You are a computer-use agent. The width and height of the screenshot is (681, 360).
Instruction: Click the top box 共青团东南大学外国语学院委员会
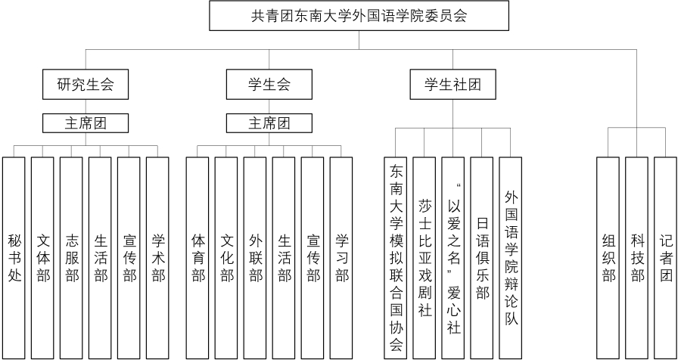tap(359, 16)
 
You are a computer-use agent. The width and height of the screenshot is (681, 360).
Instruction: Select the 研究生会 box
tap(86, 84)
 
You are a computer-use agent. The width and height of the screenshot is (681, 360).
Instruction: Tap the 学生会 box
tap(269, 84)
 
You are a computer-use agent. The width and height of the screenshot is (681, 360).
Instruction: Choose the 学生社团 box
tap(453, 84)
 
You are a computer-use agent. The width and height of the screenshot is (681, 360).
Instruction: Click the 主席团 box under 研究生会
tap(86, 123)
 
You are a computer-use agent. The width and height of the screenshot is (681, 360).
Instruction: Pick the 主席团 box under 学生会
tap(269, 123)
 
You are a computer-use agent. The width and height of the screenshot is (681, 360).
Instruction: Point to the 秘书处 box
tap(14, 258)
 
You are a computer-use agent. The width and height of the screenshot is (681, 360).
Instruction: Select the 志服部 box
tap(71, 258)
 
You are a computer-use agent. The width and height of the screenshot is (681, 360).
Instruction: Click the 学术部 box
tap(157, 258)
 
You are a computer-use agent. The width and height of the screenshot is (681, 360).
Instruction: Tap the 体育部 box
tap(197, 258)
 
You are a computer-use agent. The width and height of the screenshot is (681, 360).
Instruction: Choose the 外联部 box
tap(255, 258)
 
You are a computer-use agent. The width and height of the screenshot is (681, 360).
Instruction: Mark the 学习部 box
tap(341, 258)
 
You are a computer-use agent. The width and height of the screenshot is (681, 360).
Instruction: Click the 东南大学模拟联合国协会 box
tap(396, 258)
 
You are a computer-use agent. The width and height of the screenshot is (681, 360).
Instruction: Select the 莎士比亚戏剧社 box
tap(424, 258)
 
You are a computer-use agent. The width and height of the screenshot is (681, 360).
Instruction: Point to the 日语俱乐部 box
tap(482, 258)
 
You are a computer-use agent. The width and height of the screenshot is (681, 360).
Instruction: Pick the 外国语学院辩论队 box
tap(510, 258)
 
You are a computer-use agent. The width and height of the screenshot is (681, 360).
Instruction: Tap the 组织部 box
tap(608, 258)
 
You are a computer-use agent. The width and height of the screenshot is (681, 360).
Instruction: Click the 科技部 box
tap(636, 258)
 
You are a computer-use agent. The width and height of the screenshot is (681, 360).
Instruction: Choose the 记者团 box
tap(665, 258)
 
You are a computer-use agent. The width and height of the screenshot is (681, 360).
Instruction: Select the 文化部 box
tap(226, 258)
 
